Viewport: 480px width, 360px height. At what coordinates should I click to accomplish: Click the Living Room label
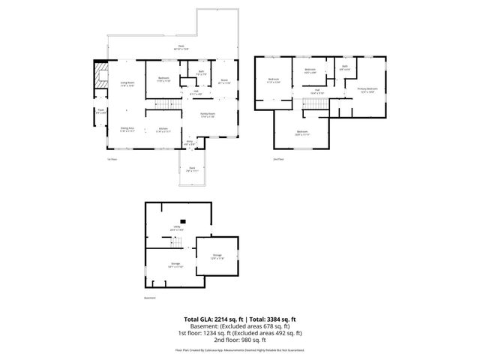pyautogui.click(x=127, y=84)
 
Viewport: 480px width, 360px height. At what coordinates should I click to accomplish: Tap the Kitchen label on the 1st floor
pyautogui.click(x=163, y=131)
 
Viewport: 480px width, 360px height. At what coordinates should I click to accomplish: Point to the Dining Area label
pyautogui.click(x=127, y=130)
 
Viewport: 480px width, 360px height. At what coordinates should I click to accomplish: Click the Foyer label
pyautogui.click(x=100, y=113)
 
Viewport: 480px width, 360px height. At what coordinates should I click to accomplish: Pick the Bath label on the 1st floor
pyautogui.click(x=201, y=73)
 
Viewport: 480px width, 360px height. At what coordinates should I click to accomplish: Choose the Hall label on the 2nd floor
pyautogui.click(x=317, y=91)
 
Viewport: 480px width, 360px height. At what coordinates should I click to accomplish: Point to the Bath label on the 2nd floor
pyautogui.click(x=345, y=67)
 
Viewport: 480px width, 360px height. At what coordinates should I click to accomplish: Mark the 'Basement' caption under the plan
pyautogui.click(x=149, y=298)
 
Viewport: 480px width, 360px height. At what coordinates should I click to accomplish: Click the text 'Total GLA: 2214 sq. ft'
pyautogui.click(x=214, y=319)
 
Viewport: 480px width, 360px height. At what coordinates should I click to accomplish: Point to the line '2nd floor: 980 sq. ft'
pyautogui.click(x=240, y=339)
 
